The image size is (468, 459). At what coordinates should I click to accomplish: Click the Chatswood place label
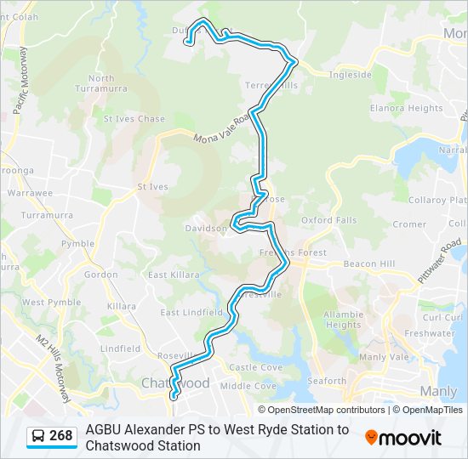click(175, 383)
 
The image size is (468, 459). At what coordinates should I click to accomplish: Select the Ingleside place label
click(351, 74)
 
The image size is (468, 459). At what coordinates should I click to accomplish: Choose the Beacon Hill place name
click(369, 264)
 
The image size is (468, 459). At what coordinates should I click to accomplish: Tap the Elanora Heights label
click(406, 108)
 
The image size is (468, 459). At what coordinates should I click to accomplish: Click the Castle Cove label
click(255, 367)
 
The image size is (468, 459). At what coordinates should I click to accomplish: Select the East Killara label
click(174, 275)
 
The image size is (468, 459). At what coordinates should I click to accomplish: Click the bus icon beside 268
click(39, 437)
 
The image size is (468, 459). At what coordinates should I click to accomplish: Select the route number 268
click(61, 436)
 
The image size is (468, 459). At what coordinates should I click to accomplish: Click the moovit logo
click(403, 437)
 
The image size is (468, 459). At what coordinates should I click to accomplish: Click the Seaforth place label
click(327, 382)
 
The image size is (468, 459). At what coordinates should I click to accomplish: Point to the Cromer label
click(409, 224)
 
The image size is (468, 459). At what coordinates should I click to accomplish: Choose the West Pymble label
click(51, 303)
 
